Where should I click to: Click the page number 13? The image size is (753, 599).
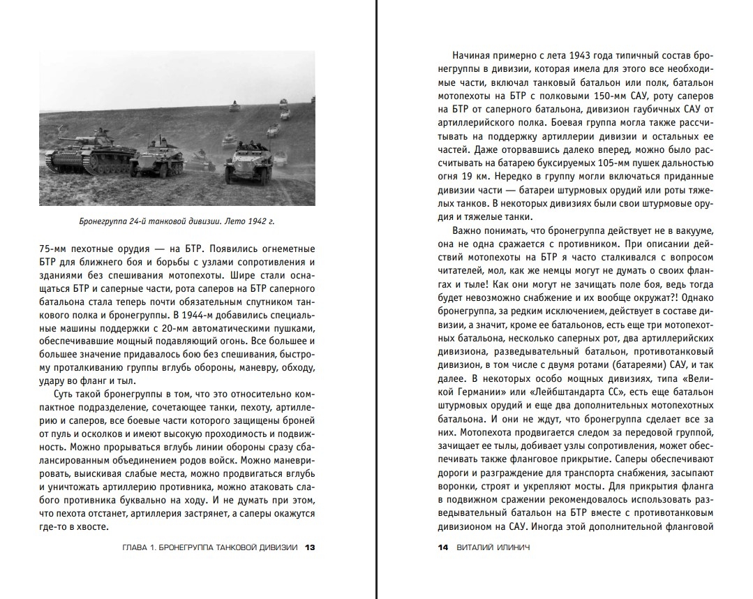click(311, 547)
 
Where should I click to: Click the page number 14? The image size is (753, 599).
click(442, 547)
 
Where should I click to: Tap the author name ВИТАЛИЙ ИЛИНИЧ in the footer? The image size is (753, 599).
click(492, 547)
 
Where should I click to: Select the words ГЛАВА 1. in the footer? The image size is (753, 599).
click(139, 547)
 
